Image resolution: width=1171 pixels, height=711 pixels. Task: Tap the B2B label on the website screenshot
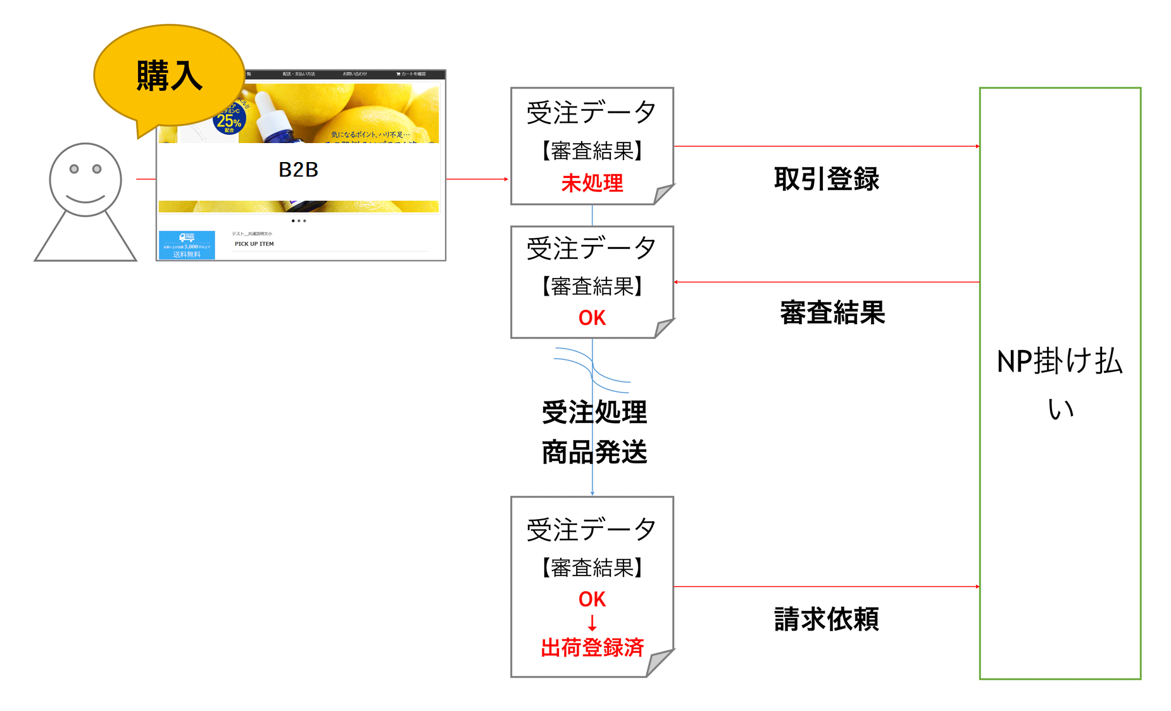[x=298, y=170]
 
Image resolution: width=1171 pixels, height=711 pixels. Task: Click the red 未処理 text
[x=592, y=183]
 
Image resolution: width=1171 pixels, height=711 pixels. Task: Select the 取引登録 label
[x=826, y=179]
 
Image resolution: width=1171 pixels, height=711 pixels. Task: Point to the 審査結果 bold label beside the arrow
[x=832, y=313]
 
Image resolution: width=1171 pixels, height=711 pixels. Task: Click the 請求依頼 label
[x=826, y=619]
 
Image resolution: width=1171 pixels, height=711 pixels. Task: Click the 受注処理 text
[x=594, y=412]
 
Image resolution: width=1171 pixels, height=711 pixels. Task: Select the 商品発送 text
[x=594, y=452]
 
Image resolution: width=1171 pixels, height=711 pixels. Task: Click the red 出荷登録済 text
[x=592, y=648]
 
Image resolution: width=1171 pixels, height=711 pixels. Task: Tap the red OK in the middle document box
[x=592, y=318]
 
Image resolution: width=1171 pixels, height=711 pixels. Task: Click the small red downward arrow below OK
[x=592, y=623]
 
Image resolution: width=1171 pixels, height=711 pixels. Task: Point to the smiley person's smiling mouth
[x=85, y=199]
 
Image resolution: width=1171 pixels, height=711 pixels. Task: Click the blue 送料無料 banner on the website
[x=187, y=246]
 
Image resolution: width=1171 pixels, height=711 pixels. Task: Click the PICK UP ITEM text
[x=254, y=244]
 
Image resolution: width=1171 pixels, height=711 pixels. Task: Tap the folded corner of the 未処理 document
[x=663, y=194]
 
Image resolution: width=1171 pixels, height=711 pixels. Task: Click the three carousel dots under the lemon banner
[x=298, y=221]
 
